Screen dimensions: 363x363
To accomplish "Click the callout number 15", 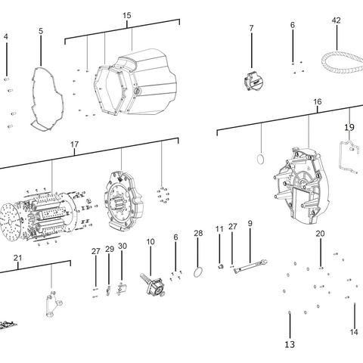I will [x=126, y=16].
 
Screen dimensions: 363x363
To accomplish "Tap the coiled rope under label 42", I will [x=339, y=59].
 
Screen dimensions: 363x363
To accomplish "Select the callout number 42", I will [x=336, y=21].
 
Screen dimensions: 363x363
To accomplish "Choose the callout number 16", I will [x=317, y=102].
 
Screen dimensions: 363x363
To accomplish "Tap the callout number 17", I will [x=74, y=144].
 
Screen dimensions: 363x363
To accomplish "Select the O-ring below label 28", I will [x=198, y=271].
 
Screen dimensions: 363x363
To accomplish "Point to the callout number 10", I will [x=150, y=242].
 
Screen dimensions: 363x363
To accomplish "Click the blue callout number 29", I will [x=110, y=249].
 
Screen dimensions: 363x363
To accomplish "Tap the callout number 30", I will [x=123, y=247].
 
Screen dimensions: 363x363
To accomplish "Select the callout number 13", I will [x=290, y=345].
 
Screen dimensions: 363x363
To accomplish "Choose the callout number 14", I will [x=354, y=332].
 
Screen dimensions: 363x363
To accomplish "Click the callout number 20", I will [x=320, y=234].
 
